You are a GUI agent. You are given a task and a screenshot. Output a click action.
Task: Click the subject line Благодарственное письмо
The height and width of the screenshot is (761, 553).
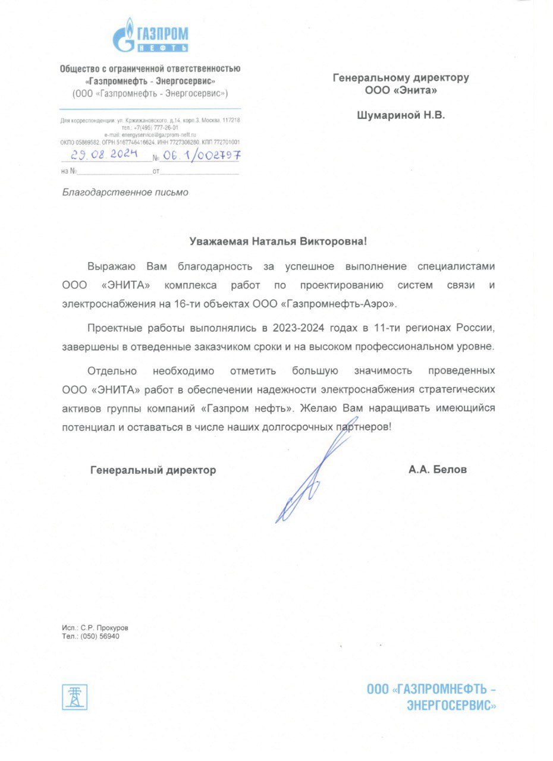point(125,192)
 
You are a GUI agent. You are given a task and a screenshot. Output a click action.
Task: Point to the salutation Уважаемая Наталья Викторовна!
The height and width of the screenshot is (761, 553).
point(278,241)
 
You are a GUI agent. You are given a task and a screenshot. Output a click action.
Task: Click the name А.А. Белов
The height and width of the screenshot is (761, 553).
point(438,470)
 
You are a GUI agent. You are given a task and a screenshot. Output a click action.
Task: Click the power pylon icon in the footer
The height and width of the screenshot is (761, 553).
point(75,697)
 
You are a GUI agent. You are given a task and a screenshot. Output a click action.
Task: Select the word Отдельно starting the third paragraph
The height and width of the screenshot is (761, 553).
point(112,371)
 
